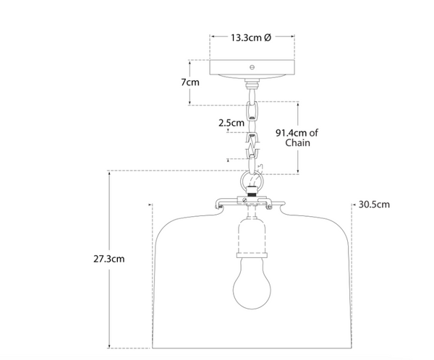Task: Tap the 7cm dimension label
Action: click(190, 82)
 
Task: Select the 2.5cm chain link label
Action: click(231, 123)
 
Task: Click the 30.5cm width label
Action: click(374, 205)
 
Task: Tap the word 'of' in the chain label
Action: click(315, 132)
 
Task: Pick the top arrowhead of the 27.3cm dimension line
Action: click(109, 174)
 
